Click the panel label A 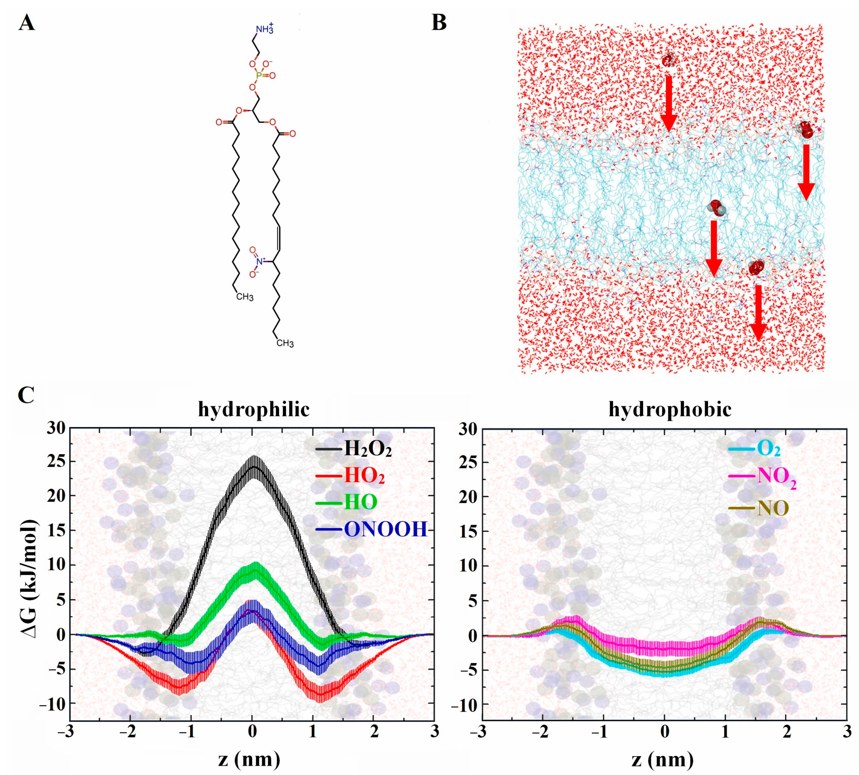coord(26,23)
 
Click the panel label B coord(439,23)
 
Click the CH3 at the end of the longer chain coord(285,343)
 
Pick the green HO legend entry coord(360,502)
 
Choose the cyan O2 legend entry coord(769,449)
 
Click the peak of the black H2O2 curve coord(254,466)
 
